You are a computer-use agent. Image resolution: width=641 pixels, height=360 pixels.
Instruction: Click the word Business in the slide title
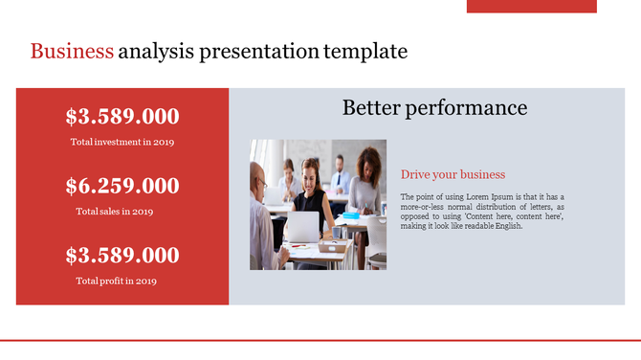pyautogui.click(x=72, y=52)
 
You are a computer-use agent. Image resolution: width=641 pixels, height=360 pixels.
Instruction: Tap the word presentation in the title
pyautogui.click(x=259, y=52)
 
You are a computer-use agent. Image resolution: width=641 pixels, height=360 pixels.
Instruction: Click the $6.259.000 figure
pyautogui.click(x=122, y=186)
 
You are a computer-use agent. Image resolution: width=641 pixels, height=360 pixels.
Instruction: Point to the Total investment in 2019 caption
pyautogui.click(x=122, y=143)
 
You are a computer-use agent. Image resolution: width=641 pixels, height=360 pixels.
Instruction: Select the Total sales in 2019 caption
pyautogui.click(x=115, y=212)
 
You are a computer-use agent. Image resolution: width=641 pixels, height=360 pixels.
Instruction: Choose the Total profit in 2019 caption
pyautogui.click(x=117, y=281)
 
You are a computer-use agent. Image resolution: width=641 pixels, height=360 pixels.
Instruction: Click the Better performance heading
pyautogui.click(x=434, y=107)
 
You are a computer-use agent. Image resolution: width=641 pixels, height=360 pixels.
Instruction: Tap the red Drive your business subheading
pyautogui.click(x=453, y=174)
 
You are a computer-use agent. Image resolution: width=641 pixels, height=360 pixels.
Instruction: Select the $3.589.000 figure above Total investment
pyautogui.click(x=122, y=117)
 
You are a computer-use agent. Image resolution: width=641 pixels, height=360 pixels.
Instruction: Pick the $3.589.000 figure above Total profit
pyautogui.click(x=122, y=256)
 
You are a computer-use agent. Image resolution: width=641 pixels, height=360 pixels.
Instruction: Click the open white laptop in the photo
pyautogui.click(x=303, y=227)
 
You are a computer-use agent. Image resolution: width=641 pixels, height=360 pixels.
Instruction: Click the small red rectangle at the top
pyautogui.click(x=531, y=6)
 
